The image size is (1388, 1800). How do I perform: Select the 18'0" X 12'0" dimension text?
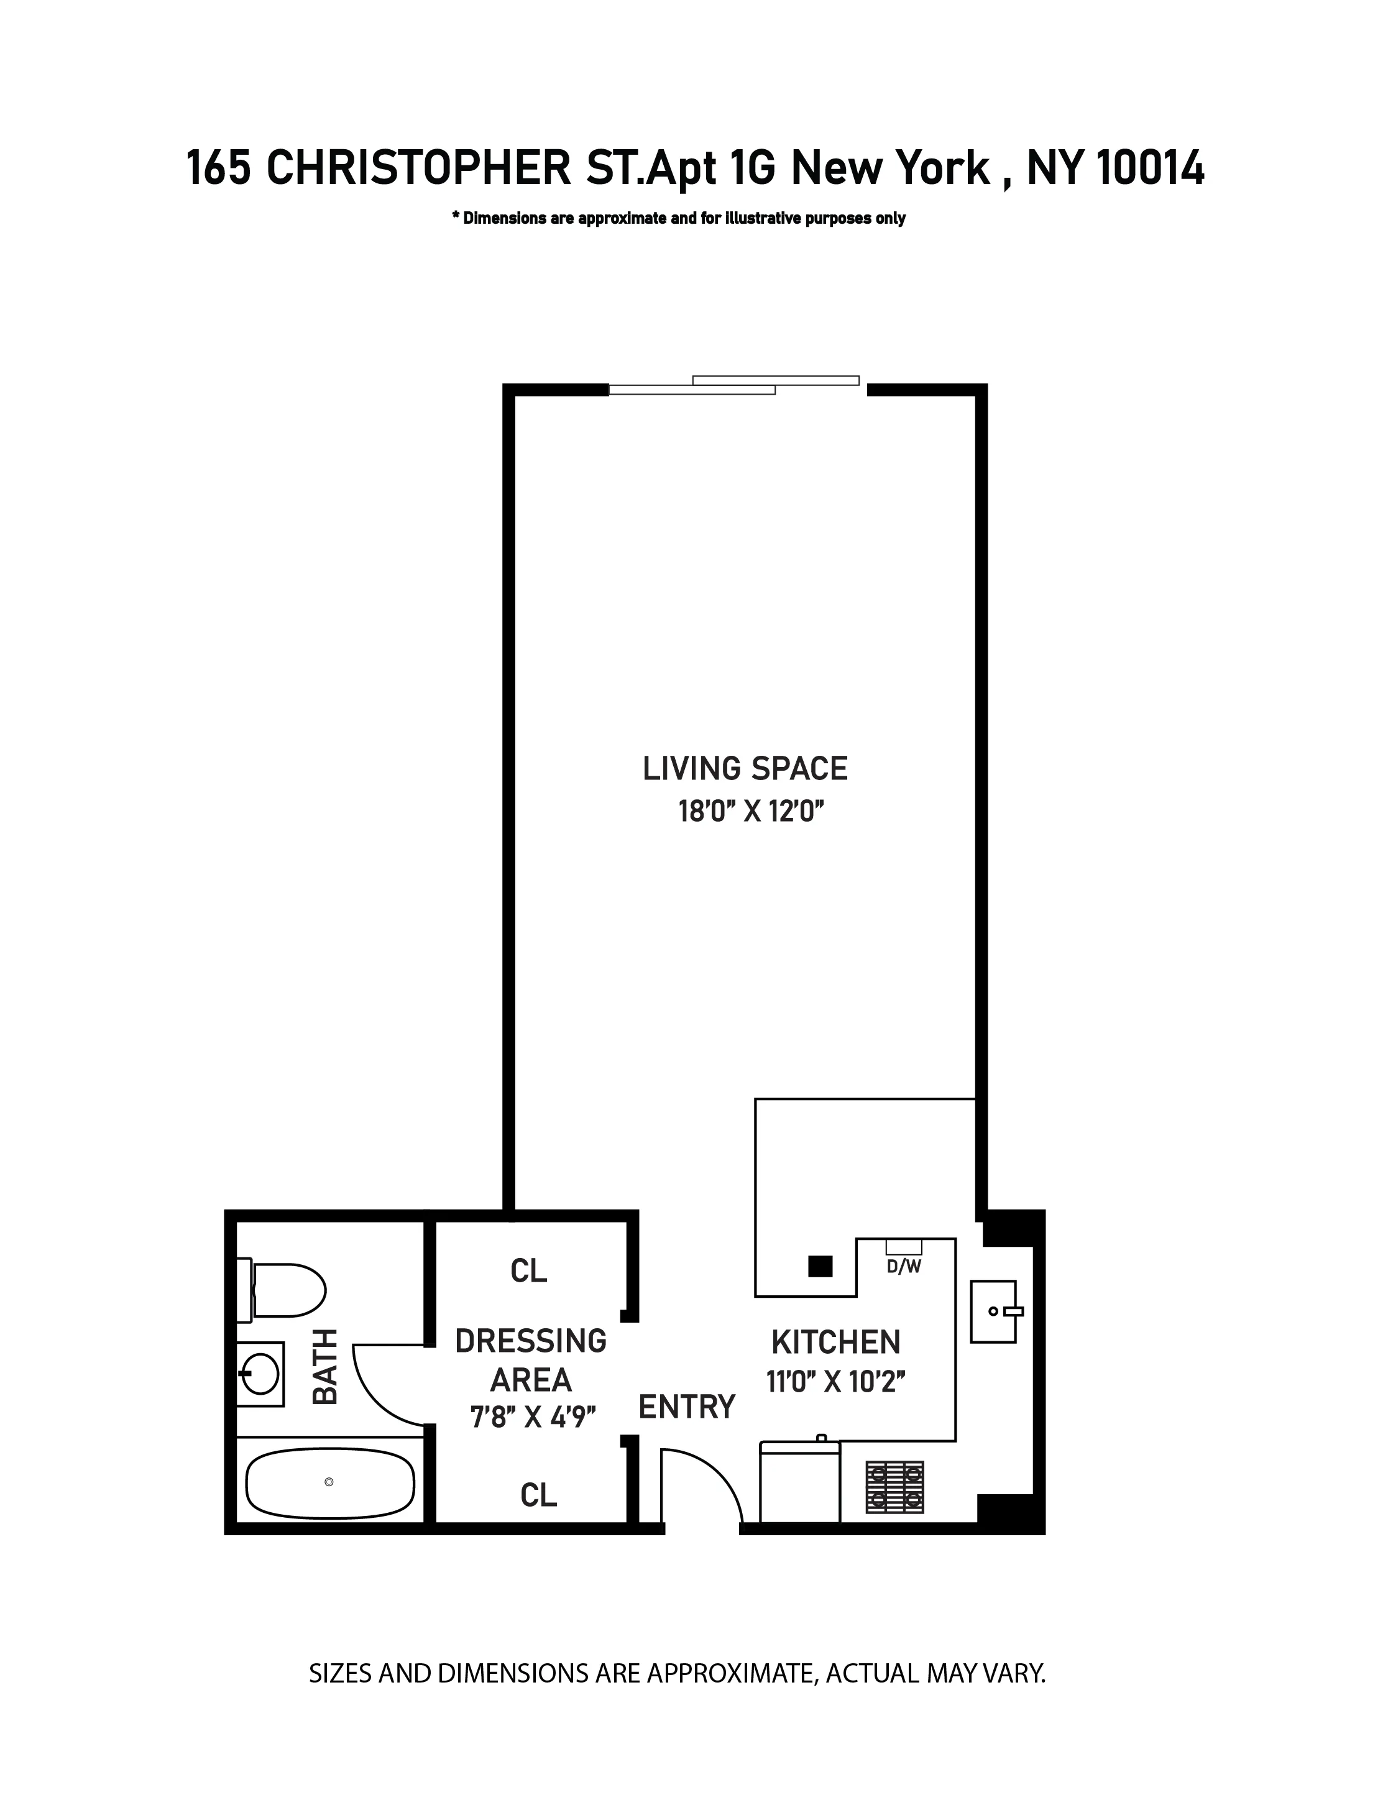point(751,812)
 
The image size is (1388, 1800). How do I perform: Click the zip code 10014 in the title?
point(1151,169)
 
